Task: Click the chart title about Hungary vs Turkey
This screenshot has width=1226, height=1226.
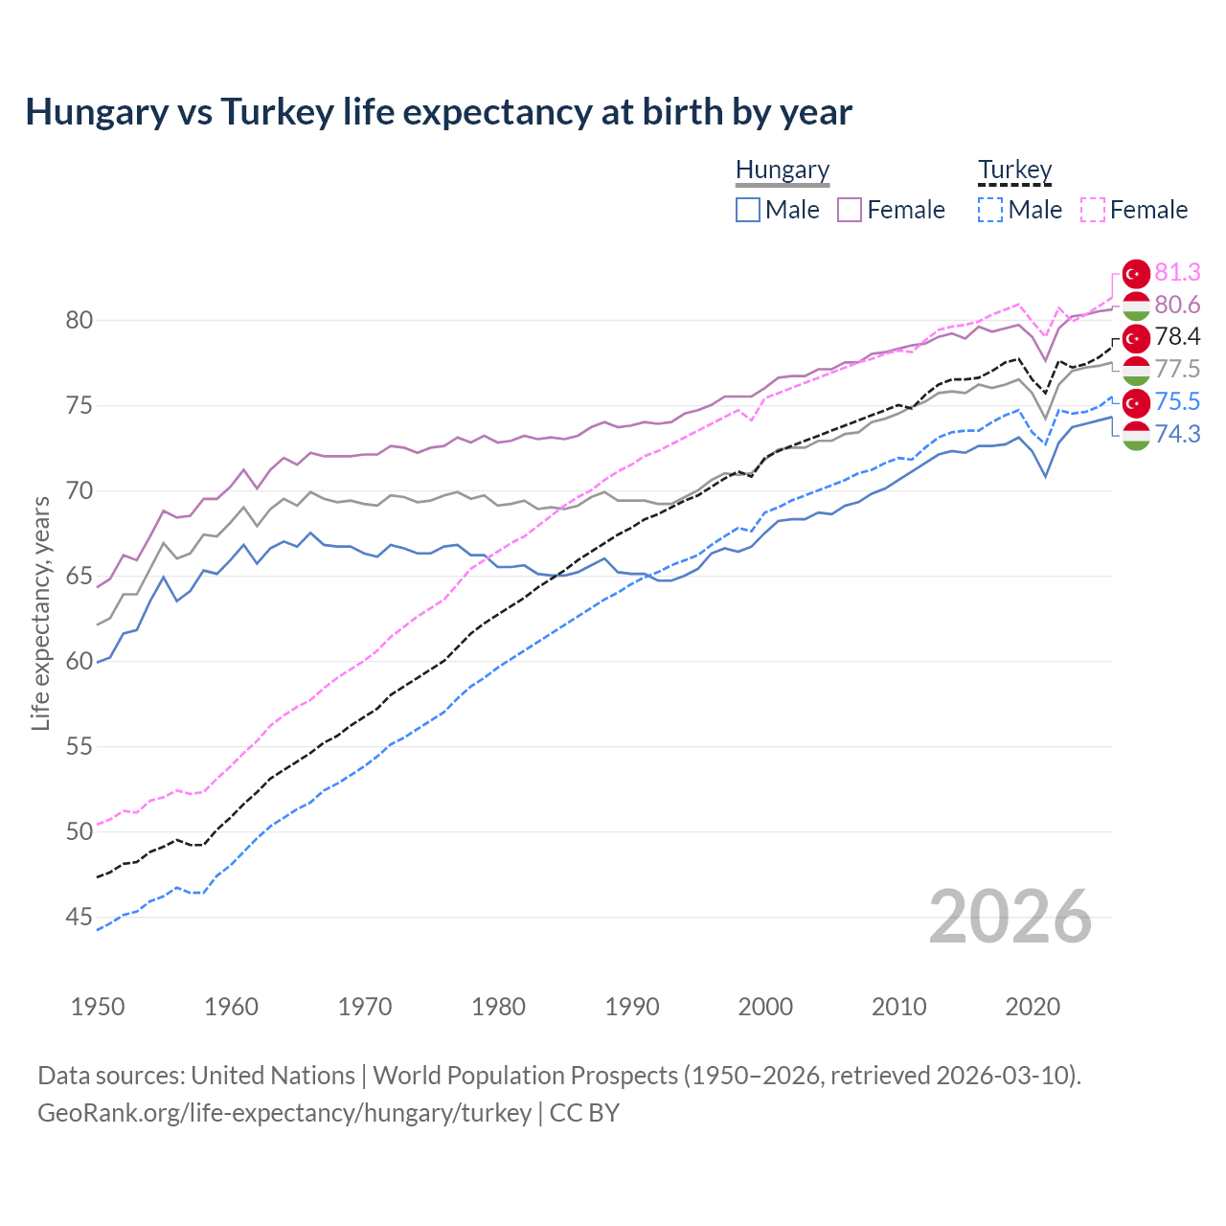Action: (x=438, y=112)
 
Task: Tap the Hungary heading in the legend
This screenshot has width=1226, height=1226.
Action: (x=782, y=170)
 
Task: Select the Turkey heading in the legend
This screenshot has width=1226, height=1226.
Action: (x=1014, y=170)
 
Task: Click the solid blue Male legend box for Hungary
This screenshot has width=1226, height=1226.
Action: (x=748, y=210)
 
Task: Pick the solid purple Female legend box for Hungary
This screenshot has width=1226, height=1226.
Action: (x=850, y=210)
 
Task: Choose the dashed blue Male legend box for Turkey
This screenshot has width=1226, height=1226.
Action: (x=990, y=210)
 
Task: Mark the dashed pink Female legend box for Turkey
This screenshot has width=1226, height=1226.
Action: (x=1092, y=210)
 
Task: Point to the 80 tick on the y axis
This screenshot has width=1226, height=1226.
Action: (x=79, y=320)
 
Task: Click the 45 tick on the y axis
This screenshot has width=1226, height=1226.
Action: (x=79, y=918)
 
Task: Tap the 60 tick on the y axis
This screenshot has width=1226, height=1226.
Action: (x=79, y=662)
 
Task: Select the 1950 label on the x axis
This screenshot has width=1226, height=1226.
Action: (x=98, y=1007)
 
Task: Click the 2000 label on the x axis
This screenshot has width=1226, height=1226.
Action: (x=765, y=1007)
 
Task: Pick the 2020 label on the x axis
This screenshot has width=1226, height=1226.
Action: (x=1033, y=1007)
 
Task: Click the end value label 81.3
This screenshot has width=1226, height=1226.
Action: (x=1177, y=273)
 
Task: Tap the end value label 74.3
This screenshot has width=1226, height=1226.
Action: (x=1177, y=435)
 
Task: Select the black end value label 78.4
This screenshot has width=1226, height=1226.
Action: (x=1177, y=337)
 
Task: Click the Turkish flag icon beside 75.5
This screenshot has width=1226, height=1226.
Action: (x=1135, y=402)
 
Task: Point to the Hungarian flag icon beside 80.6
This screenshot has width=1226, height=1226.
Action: (x=1135, y=306)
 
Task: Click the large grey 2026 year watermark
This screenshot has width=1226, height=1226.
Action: (x=1010, y=918)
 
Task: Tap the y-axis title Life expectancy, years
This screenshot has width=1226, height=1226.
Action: (x=40, y=613)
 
